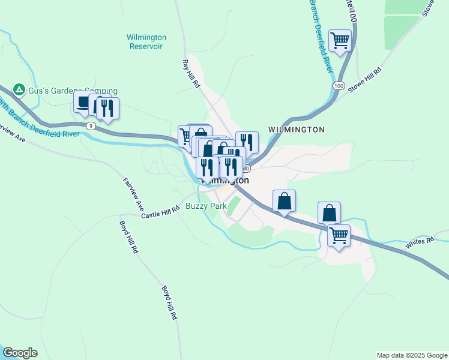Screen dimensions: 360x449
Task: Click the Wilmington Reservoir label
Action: [146, 41]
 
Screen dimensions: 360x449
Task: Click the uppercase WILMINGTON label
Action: [297, 130]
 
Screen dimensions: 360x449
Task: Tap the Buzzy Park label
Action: [206, 206]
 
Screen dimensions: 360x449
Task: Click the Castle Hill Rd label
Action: [160, 212]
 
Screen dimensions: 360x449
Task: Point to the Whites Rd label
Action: [419, 242]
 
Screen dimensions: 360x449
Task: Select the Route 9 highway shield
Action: [90, 126]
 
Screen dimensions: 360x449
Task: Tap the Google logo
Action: [20, 353]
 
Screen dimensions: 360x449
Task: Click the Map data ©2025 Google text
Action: [412, 355]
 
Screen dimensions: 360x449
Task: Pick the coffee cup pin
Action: [83, 103]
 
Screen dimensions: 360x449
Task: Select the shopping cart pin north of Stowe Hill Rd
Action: [340, 41]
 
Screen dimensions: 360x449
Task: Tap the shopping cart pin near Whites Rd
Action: [339, 235]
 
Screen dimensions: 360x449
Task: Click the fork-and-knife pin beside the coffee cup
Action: [108, 108]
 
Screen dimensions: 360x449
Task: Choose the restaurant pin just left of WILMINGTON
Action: [247, 142]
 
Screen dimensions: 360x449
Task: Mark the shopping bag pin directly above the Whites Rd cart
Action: [329, 213]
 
